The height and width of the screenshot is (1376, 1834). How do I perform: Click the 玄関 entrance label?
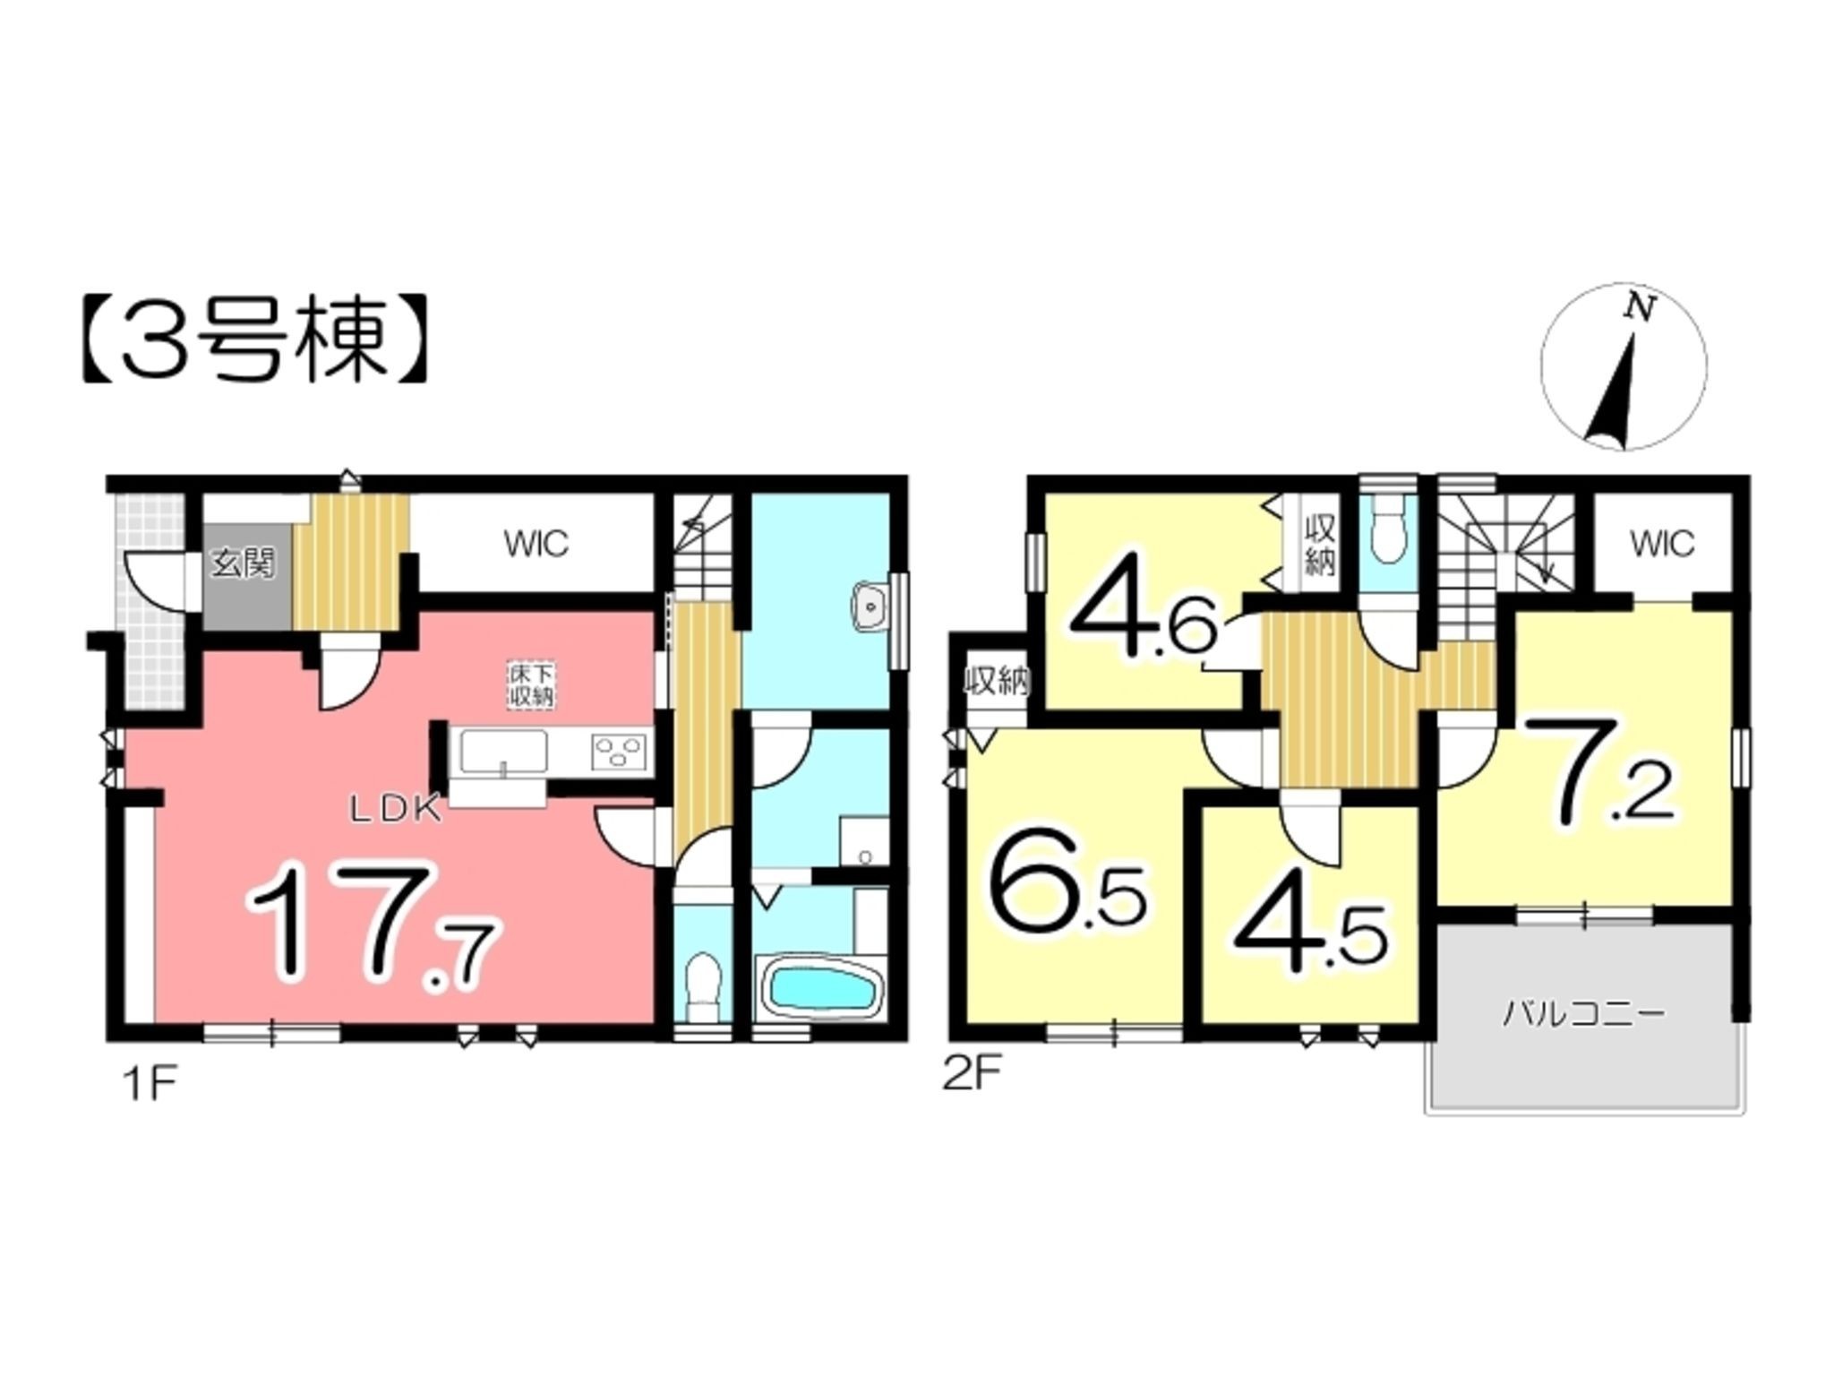click(x=244, y=564)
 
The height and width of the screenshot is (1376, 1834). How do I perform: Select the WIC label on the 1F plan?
click(x=536, y=544)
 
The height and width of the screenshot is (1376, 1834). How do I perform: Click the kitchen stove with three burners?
click(x=619, y=751)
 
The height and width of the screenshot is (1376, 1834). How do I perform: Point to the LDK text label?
click(x=394, y=811)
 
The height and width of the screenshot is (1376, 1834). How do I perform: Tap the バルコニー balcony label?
click(x=1582, y=1015)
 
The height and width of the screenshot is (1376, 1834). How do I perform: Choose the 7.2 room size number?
click(x=1598, y=771)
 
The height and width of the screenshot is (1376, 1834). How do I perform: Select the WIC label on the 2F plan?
click(x=1662, y=544)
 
